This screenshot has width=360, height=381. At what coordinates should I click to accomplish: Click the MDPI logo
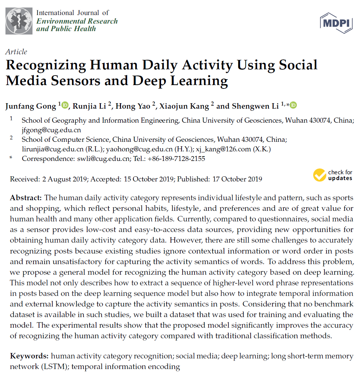(336, 23)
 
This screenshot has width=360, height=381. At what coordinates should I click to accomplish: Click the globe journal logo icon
(19, 21)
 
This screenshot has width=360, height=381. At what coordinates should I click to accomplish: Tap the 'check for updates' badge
(333, 175)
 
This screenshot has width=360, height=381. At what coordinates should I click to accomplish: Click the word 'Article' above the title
(16, 52)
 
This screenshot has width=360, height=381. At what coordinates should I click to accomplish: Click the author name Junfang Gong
(31, 106)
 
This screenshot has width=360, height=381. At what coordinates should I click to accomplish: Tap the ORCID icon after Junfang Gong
(65, 105)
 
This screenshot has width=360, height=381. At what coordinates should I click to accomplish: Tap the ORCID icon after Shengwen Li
(293, 105)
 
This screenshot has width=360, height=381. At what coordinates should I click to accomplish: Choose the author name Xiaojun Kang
(184, 106)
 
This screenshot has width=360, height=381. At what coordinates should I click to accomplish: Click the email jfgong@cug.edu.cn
(51, 130)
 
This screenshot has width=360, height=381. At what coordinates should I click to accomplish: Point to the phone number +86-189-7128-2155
(176, 159)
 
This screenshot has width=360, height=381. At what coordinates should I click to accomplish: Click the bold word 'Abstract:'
(26, 198)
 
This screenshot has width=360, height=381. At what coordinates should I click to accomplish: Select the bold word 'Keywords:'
(29, 356)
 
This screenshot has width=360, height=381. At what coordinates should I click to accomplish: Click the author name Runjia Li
(91, 106)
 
